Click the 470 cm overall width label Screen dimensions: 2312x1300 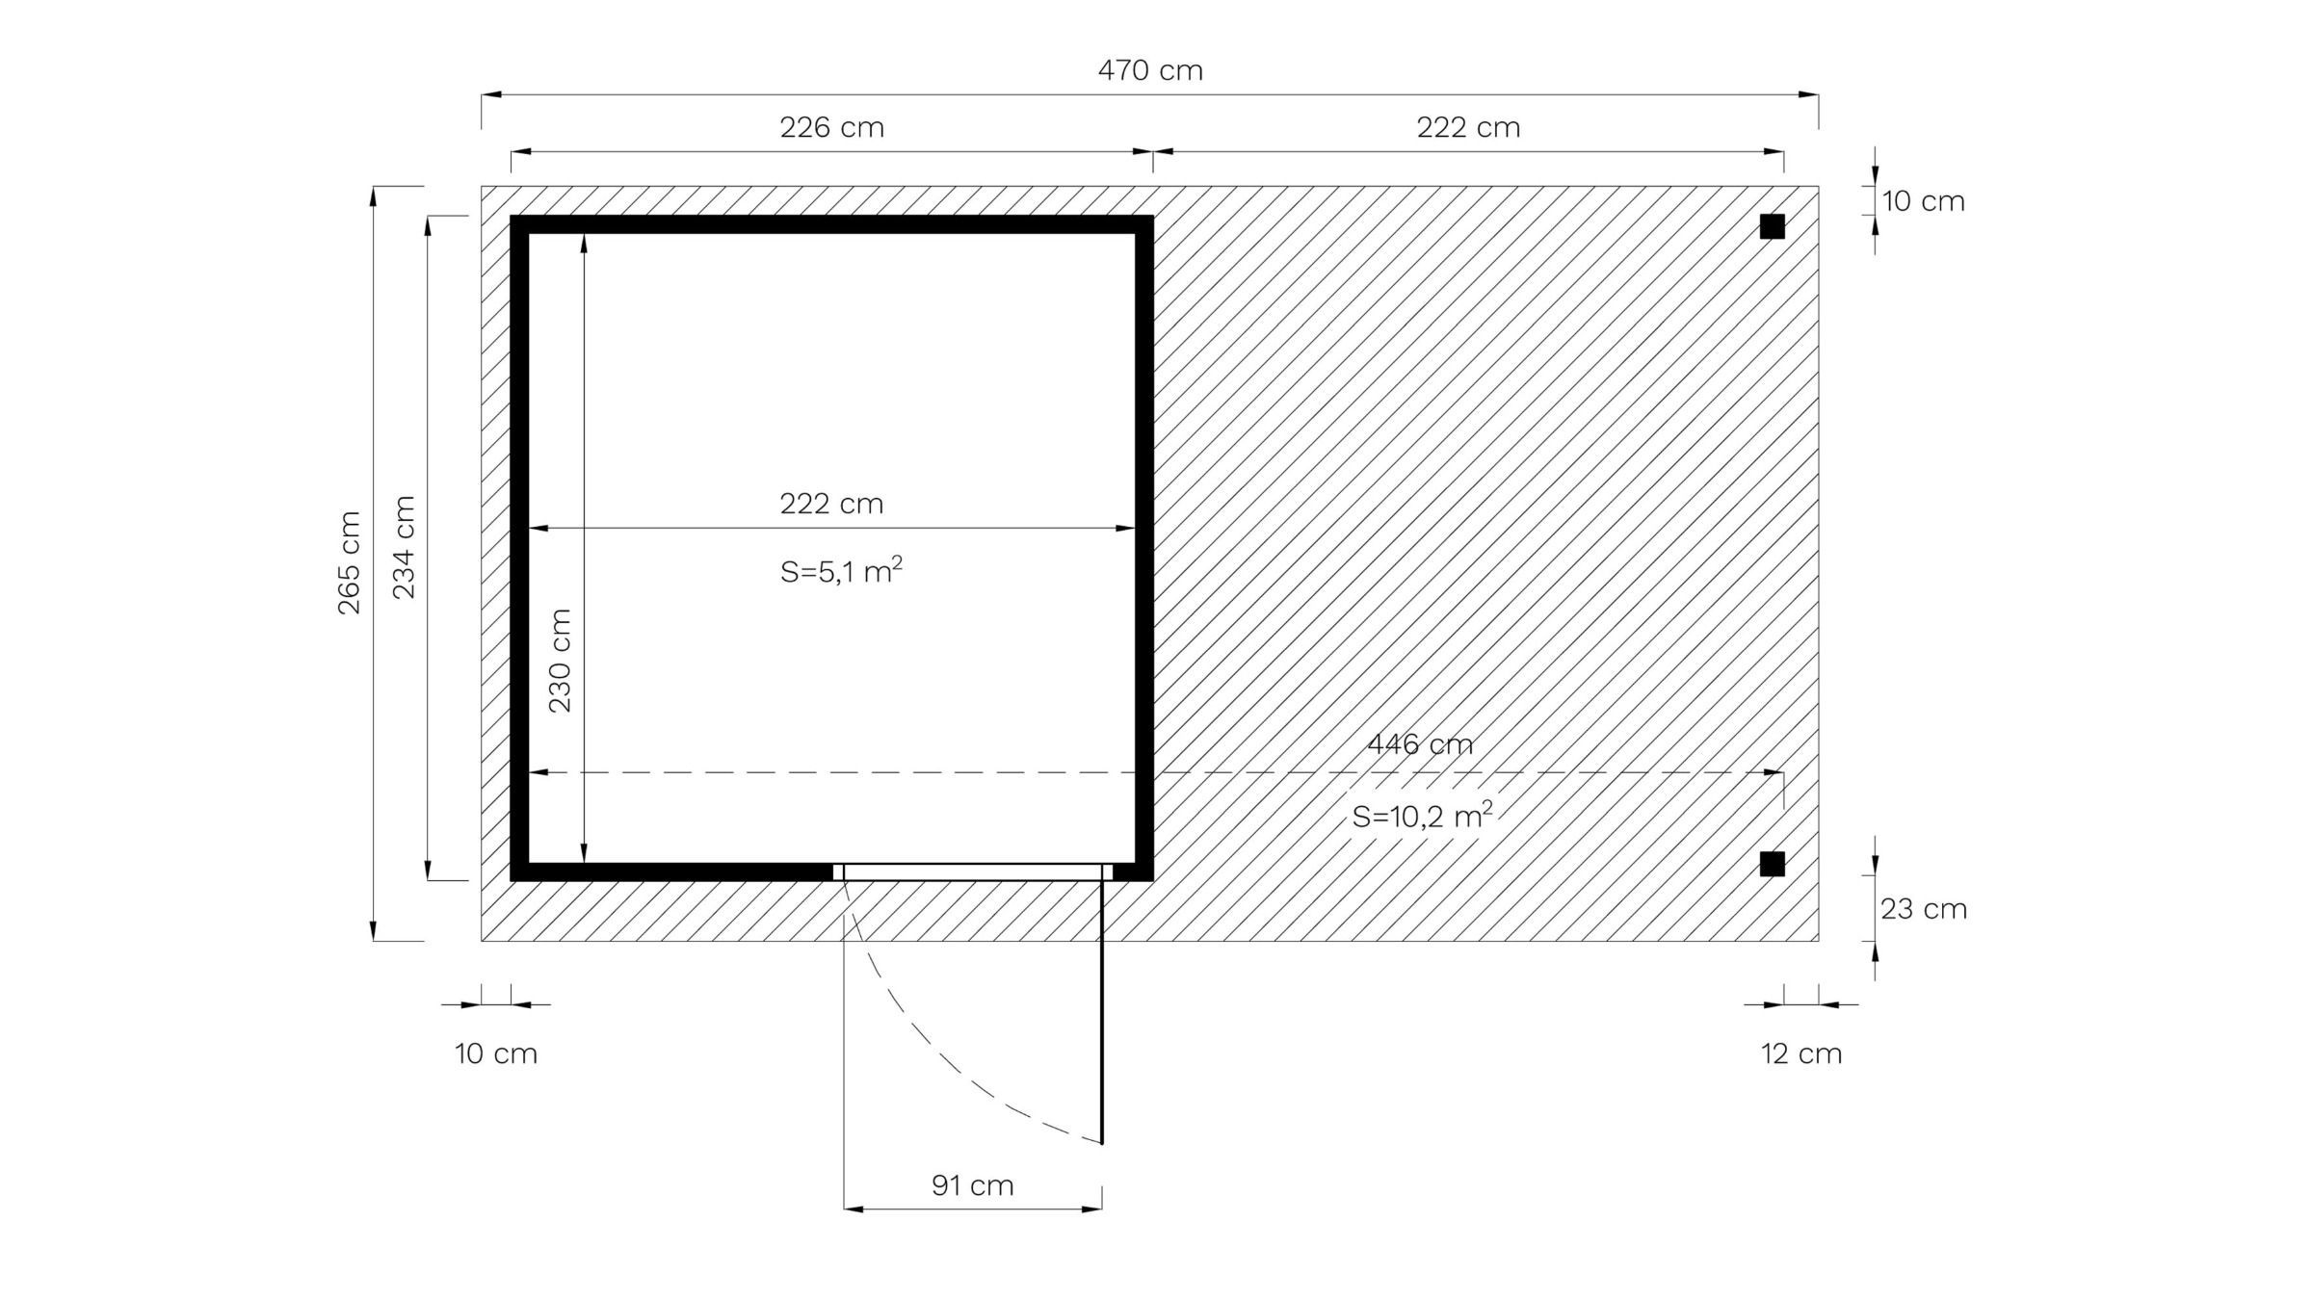1150,70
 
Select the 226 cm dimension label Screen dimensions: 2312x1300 831,127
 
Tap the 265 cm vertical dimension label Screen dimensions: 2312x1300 348,562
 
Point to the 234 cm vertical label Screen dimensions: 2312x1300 404,547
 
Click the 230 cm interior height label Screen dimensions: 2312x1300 560,661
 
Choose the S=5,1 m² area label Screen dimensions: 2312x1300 841,571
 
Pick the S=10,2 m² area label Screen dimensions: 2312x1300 1422,816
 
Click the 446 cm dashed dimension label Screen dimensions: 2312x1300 1420,744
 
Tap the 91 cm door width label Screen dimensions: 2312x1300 972,1185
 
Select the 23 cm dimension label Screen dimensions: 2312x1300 1923,909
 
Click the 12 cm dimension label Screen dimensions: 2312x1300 1801,1053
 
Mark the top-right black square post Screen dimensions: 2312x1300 1772,226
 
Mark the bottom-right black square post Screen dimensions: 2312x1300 1772,864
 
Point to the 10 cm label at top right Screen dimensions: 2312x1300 1923,201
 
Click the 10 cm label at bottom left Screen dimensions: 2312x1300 496,1053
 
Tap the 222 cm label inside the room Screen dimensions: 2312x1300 831,504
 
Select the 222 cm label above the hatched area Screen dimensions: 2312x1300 1468,127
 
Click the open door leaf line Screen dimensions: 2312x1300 1102,1011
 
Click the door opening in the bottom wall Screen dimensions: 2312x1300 973,872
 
